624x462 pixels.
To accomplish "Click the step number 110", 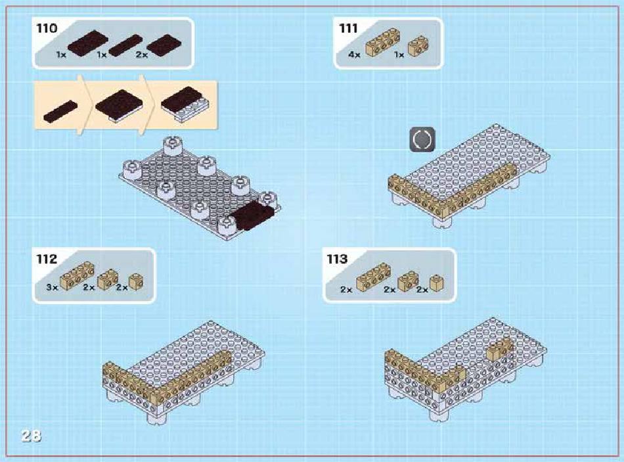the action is click(47, 28).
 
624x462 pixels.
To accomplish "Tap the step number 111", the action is click(348, 28).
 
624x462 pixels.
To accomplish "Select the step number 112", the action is click(47, 260).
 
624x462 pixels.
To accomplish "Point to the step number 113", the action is click(337, 260).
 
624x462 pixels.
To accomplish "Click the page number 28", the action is click(31, 436).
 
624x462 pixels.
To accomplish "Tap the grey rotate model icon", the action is click(422, 139).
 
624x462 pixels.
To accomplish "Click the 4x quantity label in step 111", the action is click(354, 55).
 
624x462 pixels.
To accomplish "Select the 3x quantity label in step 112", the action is click(52, 287).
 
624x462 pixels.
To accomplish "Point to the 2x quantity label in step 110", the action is click(142, 55).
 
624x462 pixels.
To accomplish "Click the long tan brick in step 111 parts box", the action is click(383, 42).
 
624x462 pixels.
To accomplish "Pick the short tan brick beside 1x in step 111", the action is click(418, 46).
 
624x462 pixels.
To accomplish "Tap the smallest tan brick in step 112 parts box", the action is click(136, 282).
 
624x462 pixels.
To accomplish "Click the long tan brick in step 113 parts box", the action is click(373, 277).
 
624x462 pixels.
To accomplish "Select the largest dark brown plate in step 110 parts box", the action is click(87, 42).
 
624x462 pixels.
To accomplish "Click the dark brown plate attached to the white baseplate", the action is click(252, 215).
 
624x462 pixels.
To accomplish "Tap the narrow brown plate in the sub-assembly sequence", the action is click(60, 111).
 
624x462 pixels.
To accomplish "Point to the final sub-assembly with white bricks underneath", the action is click(185, 103).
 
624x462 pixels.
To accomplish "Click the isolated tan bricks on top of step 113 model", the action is click(501, 348).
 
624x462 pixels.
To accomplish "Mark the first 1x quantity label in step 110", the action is click(61, 55).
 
